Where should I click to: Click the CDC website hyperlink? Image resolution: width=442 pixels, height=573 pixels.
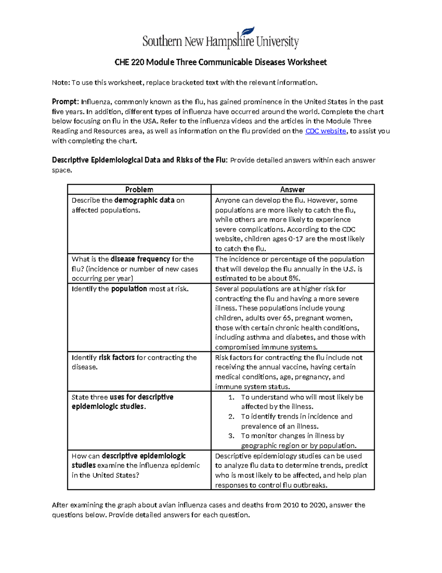(326, 131)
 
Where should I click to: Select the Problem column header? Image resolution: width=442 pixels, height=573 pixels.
(139, 190)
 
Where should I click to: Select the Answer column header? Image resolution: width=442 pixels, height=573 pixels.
(292, 190)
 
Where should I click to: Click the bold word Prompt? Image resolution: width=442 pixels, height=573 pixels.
(65, 102)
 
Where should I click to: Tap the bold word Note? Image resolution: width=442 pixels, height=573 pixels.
(61, 83)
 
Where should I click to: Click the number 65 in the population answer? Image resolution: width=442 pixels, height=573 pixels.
(287, 318)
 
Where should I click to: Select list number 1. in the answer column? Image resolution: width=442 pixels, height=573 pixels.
(231, 397)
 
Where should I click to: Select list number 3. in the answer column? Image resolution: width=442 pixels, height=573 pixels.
(231, 436)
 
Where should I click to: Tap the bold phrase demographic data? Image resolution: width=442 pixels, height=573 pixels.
(144, 200)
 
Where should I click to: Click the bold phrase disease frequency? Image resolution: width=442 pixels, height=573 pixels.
(140, 259)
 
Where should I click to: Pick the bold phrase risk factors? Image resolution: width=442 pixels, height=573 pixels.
(117, 358)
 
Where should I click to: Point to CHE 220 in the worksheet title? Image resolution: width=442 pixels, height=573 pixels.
(129, 62)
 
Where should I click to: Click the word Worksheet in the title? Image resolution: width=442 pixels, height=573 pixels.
(307, 62)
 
